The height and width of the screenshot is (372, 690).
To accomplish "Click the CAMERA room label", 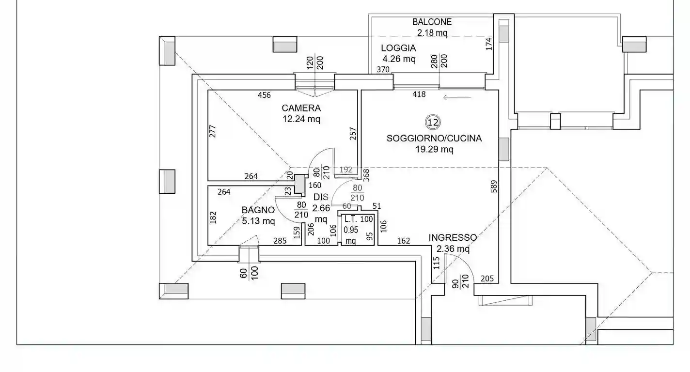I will coord(301,108).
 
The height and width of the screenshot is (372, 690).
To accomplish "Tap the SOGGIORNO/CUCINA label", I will coord(434,139).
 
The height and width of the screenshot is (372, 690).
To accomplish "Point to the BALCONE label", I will coord(432,22).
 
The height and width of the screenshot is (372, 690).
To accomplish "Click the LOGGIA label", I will coord(398,48).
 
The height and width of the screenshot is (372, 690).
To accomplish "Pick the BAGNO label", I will coord(258,210).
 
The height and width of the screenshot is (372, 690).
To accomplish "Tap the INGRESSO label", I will coord(453,238).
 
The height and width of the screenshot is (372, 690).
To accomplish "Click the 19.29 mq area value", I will coord(434,150).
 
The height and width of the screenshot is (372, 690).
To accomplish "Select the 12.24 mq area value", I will coord(301,119).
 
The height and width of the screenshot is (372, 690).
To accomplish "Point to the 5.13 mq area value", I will coord(258,221).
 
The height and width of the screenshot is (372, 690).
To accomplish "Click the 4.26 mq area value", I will coord(399,59).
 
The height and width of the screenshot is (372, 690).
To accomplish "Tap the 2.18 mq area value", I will coord(432,33).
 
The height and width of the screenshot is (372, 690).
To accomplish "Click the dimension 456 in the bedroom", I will coord(264,95).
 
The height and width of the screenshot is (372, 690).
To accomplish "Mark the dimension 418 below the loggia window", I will coord(419,94).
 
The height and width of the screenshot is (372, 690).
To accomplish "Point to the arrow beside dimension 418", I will coord(457,97).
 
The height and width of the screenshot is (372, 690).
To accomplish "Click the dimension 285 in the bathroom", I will coord(280,240).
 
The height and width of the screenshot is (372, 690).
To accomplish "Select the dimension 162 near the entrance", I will coord(403,241).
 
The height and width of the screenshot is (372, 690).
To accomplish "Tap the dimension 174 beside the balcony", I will coord(489,43).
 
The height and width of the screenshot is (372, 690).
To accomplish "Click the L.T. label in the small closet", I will coord(351,219).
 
